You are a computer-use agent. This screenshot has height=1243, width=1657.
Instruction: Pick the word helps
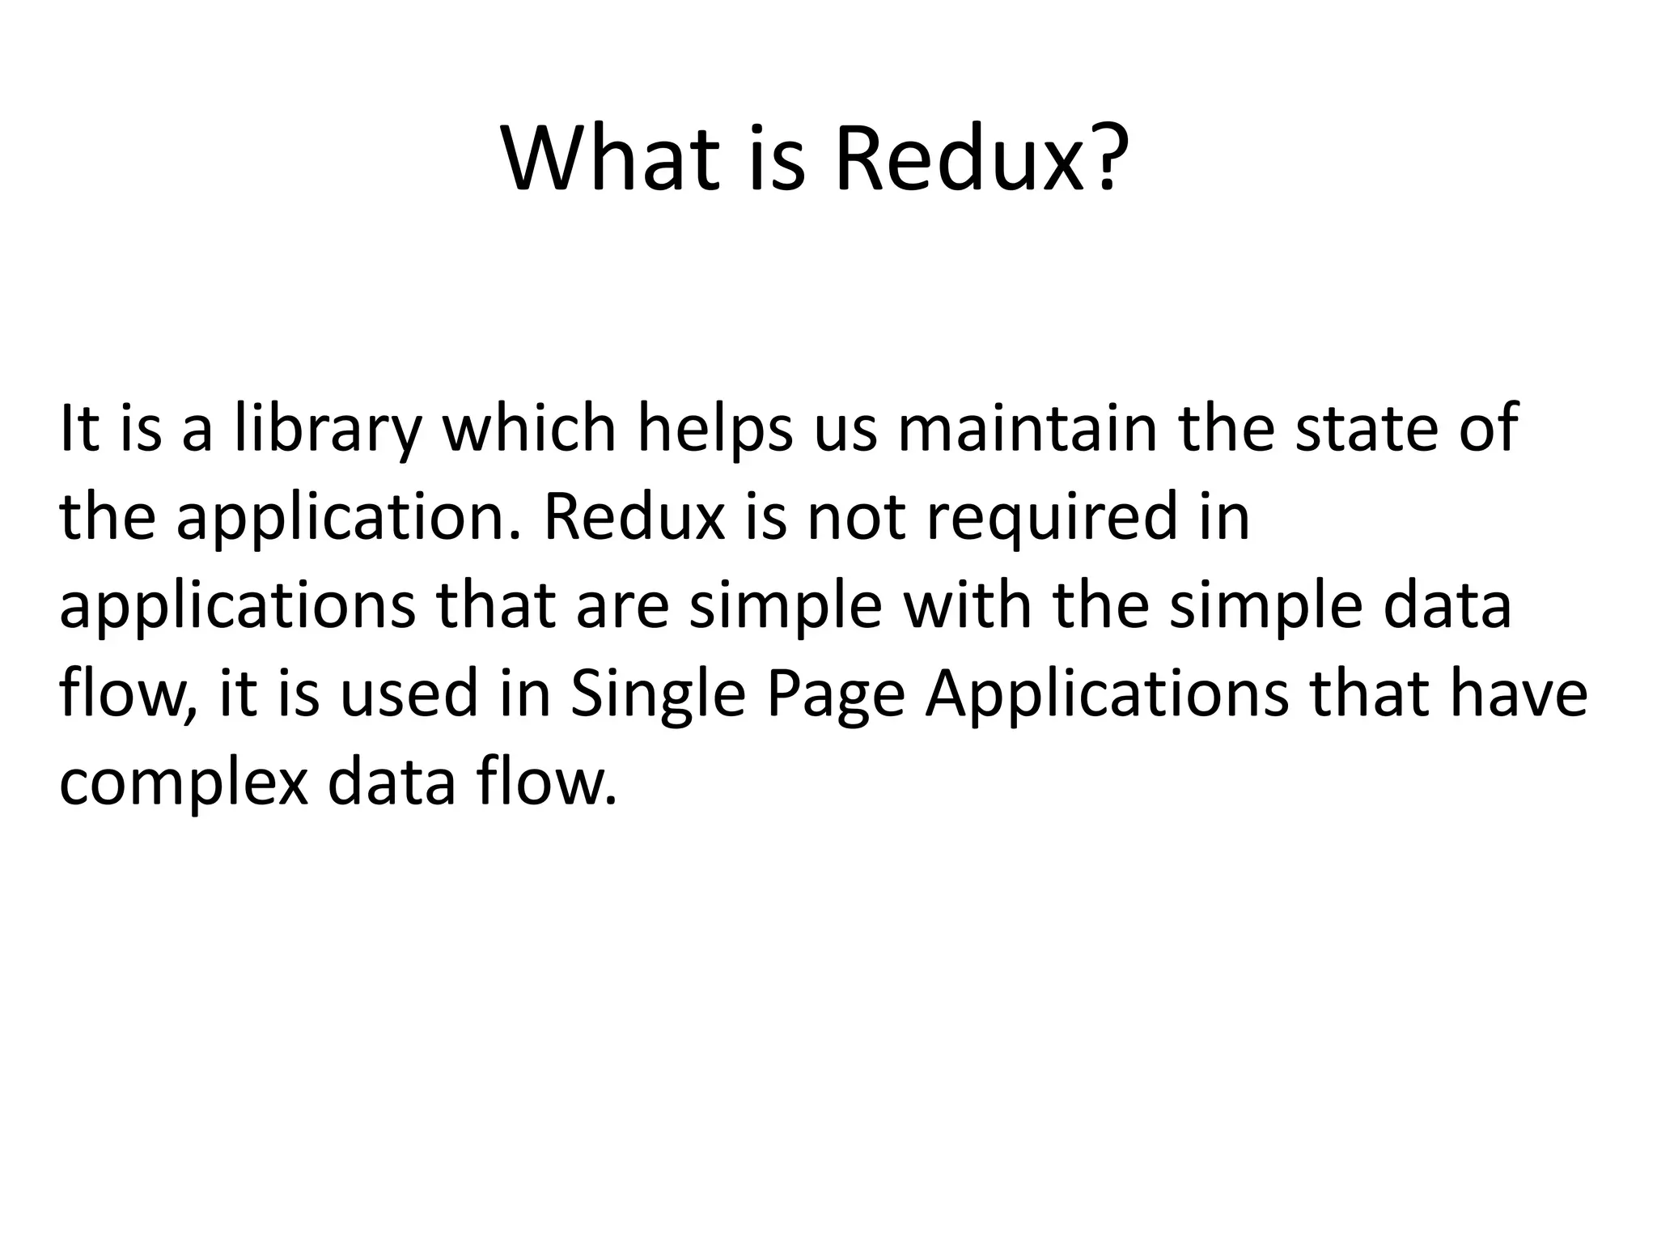(715, 429)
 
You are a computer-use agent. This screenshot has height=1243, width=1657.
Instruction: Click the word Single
(657, 696)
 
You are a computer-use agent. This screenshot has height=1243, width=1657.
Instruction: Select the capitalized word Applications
(1106, 696)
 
